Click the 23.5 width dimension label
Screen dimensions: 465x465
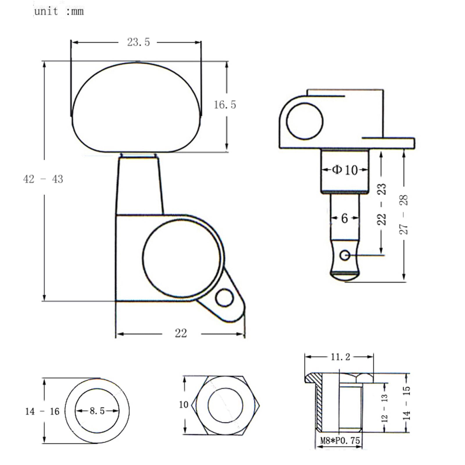[x=138, y=42]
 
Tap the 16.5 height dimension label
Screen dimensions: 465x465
[x=225, y=105]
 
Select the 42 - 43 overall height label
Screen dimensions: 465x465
[x=43, y=179]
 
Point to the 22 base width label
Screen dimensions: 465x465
[x=181, y=333]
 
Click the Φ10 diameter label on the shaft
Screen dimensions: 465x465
[x=345, y=170]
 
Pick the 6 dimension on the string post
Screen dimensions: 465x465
[x=344, y=218]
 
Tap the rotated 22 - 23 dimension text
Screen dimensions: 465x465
[x=382, y=204]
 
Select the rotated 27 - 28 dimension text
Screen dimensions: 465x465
[x=404, y=214]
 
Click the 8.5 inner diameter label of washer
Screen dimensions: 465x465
[x=97, y=411]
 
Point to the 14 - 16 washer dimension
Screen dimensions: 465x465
[x=42, y=411]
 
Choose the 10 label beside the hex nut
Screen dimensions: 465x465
[x=184, y=404]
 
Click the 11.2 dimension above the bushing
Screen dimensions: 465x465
[x=340, y=357]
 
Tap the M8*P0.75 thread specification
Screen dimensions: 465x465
[x=340, y=441]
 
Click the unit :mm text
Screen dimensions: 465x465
[x=59, y=11]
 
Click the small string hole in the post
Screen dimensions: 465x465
[x=345, y=255]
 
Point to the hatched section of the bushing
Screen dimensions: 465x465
[x=319, y=404]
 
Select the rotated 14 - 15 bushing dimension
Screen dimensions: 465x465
[x=407, y=403]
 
